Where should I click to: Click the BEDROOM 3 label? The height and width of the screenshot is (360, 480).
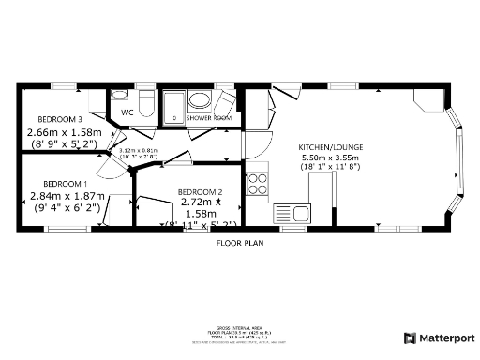coord(60,119)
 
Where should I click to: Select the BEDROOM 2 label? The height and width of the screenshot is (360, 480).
coord(200,190)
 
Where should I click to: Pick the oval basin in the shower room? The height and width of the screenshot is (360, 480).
coord(200,99)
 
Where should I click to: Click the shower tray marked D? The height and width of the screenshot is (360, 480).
coord(174,106)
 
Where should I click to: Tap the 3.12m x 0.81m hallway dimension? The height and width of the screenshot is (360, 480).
coord(139,150)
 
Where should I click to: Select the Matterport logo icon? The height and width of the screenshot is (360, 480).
coord(410,337)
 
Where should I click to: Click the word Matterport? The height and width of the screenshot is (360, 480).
coord(446,337)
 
